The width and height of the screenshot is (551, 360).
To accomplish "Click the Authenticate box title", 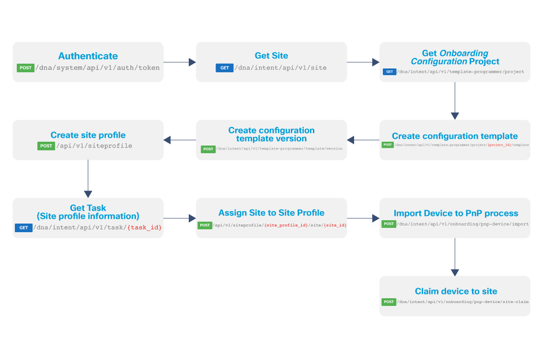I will click(x=88, y=56).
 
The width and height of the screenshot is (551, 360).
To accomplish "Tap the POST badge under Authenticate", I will click(x=25, y=68).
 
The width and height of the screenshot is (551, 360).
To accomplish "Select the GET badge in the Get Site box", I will click(x=224, y=68).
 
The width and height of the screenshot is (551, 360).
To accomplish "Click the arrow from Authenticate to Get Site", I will click(x=180, y=62).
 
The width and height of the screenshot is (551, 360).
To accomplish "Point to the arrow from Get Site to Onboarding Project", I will click(x=363, y=62).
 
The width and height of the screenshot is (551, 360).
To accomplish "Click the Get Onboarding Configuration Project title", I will click(x=455, y=57).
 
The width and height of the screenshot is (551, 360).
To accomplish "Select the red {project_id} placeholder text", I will click(x=499, y=145).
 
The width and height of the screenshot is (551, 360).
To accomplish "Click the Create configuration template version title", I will click(x=271, y=135).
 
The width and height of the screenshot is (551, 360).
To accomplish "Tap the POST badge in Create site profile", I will click(x=46, y=146).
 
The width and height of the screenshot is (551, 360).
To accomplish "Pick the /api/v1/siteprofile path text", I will click(x=94, y=146).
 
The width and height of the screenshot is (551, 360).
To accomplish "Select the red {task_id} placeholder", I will click(x=144, y=228).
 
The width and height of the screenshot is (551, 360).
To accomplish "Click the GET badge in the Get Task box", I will click(x=23, y=228).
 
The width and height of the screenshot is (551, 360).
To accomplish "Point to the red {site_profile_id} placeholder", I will click(x=287, y=225).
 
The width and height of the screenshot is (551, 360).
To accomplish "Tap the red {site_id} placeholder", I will click(x=335, y=225).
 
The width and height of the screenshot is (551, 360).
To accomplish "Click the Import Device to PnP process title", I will click(x=456, y=213).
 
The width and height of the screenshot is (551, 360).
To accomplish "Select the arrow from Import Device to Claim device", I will click(x=455, y=257).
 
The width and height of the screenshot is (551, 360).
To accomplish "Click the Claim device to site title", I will click(x=456, y=291).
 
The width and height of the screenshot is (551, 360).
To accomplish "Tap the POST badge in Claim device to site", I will click(x=389, y=302).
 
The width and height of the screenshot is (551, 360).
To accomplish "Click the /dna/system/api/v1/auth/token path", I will click(x=98, y=68).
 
